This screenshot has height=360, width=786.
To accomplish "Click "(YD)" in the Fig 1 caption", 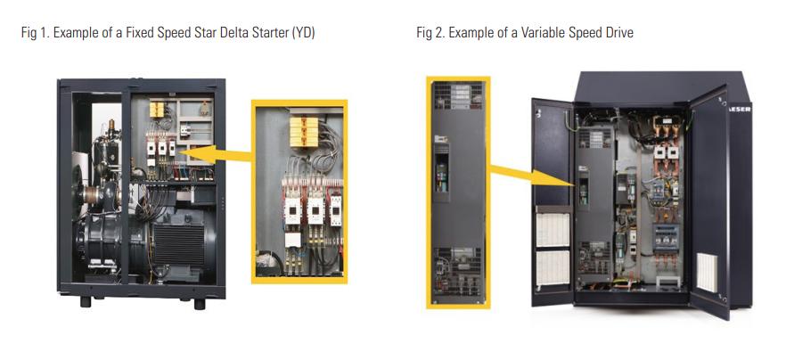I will click(x=302, y=34).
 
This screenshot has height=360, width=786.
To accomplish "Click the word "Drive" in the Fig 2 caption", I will click(x=618, y=34).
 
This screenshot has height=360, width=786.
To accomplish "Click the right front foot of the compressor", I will click(x=199, y=303).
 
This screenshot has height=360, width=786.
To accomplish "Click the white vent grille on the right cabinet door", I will click(x=708, y=273).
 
